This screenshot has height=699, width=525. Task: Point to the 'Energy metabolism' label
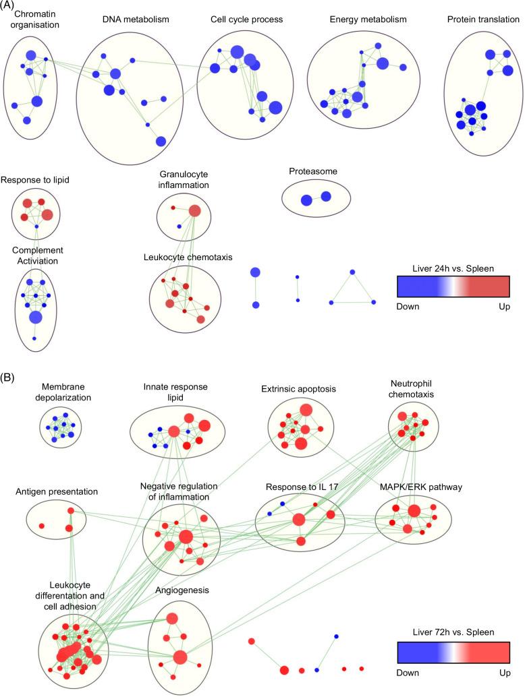pyautogui.click(x=351, y=20)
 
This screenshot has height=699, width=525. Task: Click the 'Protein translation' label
pyautogui.click(x=482, y=20)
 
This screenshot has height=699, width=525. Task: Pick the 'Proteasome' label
pyautogui.click(x=312, y=171)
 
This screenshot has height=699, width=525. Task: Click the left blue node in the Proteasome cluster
pyautogui.click(x=306, y=200)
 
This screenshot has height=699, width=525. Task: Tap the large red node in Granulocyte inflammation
pyautogui.click(x=194, y=211)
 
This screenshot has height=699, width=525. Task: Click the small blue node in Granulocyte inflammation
pyautogui.click(x=179, y=226)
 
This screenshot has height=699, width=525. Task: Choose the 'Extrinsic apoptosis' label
pyautogui.click(x=298, y=390)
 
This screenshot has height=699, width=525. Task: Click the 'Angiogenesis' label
pyautogui.click(x=182, y=590)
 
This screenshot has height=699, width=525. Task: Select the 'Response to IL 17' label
pyautogui.click(x=299, y=486)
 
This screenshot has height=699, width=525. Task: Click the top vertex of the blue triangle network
pyautogui.click(x=352, y=272)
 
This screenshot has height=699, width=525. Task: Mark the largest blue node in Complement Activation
pyautogui.click(x=36, y=317)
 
